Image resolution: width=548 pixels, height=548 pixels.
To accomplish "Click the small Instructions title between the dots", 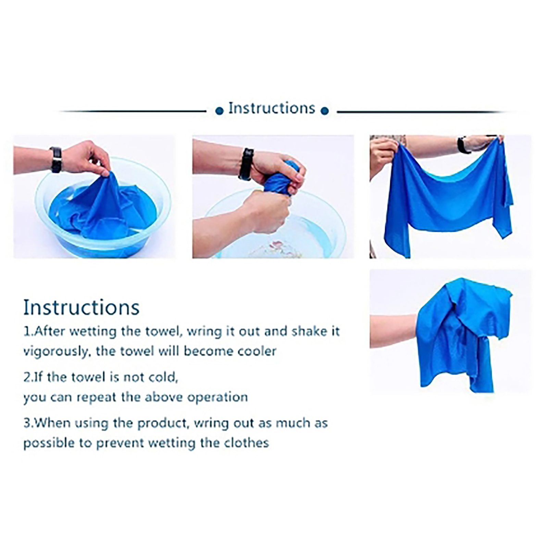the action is coord(272,108).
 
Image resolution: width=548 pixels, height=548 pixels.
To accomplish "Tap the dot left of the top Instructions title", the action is coord(219,111).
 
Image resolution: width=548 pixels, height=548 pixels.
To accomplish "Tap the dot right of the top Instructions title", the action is coord(325,111).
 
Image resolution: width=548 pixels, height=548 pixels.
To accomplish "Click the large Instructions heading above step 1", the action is coord(82,307).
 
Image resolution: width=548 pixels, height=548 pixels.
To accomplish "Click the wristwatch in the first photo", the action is coord(56,159).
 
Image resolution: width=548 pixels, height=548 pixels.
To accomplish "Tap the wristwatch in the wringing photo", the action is coord(246,164).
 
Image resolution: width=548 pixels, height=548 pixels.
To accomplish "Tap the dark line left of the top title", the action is coord(134,111).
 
